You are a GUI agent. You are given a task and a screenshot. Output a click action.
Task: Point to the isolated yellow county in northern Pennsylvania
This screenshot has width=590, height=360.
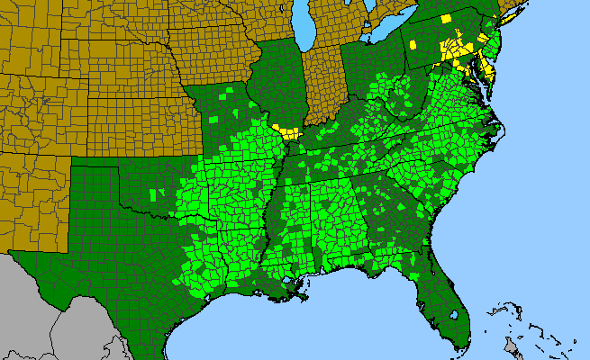[x=446, y=19]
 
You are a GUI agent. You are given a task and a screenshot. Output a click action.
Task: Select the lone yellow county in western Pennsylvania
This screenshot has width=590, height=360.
[x=413, y=43]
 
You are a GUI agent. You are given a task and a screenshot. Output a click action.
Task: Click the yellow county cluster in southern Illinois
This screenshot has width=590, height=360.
[x=288, y=132]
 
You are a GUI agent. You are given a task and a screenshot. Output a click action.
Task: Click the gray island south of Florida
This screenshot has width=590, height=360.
[x=513, y=347]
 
